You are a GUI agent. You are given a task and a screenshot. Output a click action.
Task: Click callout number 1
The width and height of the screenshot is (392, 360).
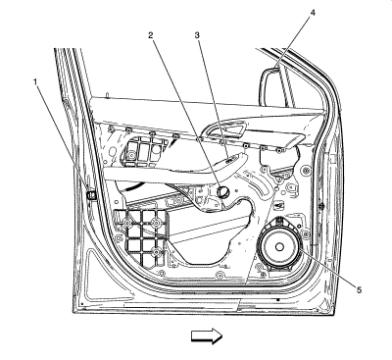coord(35,81)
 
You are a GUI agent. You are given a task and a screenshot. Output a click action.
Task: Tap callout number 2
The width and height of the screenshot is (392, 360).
coord(150,35)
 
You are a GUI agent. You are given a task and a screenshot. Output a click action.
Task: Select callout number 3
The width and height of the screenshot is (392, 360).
coord(197,35)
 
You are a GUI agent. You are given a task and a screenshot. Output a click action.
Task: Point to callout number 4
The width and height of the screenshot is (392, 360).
coord(313,13)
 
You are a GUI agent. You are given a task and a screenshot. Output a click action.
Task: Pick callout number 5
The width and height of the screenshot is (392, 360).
coord(359,289)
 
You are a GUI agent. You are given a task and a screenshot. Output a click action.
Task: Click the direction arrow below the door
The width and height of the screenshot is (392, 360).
coord(207,336)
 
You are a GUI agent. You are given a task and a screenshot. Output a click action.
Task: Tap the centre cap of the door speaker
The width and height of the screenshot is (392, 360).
coord(279,247)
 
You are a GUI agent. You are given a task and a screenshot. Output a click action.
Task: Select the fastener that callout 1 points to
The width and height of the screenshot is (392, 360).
coord(91,195)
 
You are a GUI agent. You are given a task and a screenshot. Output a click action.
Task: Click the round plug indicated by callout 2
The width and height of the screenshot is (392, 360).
coord(223,191)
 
